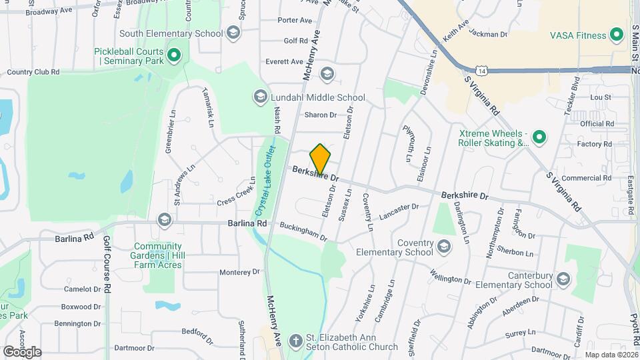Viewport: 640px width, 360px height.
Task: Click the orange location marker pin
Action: coord(320,159)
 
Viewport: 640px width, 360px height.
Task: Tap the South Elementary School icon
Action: coord(233,33)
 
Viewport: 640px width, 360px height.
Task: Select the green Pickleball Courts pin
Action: coord(174,55)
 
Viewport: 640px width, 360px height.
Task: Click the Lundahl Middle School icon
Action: coord(259,97)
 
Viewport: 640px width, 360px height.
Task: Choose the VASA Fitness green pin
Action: coord(617,35)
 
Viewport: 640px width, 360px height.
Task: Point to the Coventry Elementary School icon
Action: coord(443,247)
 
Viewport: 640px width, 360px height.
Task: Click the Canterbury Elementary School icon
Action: coord(563,279)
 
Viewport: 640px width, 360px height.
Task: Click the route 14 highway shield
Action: coord(481,69)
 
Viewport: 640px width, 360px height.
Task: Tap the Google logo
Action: coord(22,352)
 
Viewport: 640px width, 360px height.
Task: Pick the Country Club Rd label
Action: coord(33,72)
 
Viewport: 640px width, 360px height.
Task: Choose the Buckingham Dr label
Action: coord(304,232)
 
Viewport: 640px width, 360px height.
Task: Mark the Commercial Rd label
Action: coord(587,178)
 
